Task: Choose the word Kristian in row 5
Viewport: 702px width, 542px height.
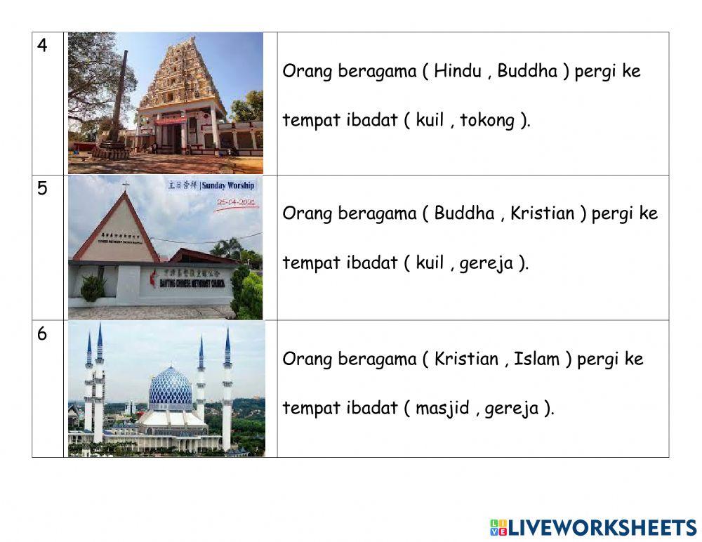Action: click(x=542, y=213)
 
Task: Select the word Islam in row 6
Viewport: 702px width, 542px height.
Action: click(x=536, y=359)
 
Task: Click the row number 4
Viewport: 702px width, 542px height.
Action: click(x=43, y=46)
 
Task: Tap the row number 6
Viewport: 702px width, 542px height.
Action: click(x=43, y=334)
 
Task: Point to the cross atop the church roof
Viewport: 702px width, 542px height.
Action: click(x=126, y=186)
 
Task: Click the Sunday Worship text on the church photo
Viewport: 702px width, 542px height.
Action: click(x=227, y=186)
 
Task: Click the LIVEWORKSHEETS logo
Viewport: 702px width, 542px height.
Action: click(x=593, y=528)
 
